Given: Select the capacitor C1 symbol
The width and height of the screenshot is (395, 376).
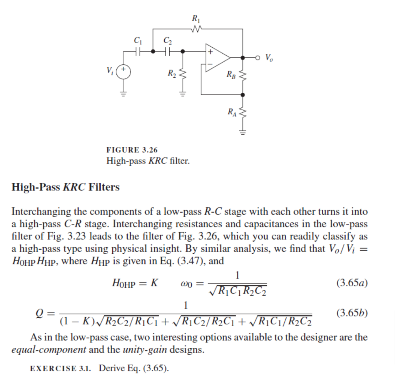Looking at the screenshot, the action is pyautogui.click(x=138, y=50).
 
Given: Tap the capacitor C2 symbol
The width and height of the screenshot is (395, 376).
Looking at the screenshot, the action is pyautogui.click(x=167, y=50).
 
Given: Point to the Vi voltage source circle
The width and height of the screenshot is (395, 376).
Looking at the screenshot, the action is pyautogui.click(x=124, y=72).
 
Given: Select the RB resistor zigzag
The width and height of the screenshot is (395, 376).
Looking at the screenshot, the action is pyautogui.click(x=242, y=75).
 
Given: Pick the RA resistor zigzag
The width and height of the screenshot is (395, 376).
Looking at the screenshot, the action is pyautogui.click(x=242, y=112).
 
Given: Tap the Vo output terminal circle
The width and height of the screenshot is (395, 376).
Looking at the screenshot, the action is pyautogui.click(x=258, y=57).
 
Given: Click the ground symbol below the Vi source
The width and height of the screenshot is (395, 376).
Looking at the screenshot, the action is pyautogui.click(x=124, y=93).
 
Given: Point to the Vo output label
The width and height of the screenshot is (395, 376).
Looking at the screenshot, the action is pyautogui.click(x=269, y=58).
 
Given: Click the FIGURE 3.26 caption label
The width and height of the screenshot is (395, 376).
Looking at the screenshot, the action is pyautogui.click(x=132, y=150).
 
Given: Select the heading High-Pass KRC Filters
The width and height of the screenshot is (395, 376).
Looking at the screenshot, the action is pyautogui.click(x=66, y=187).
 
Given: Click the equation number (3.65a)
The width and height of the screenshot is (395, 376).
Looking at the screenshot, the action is pyautogui.click(x=352, y=283).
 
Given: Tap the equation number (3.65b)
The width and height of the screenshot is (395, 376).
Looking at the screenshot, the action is pyautogui.click(x=352, y=313).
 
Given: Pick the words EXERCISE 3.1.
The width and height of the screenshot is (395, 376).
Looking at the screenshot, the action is pyautogui.click(x=60, y=368).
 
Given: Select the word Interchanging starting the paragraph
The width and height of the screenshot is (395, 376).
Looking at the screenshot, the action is pyautogui.click(x=36, y=211).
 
